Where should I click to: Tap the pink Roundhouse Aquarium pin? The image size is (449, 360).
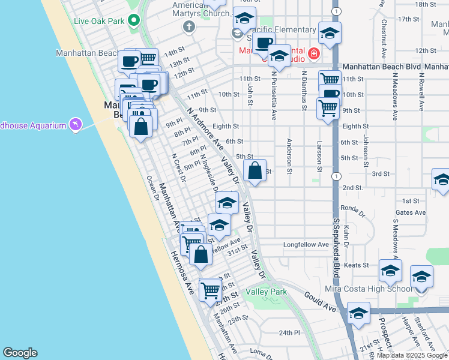click(x=76, y=124)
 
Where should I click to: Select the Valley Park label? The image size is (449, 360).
click(x=266, y=292)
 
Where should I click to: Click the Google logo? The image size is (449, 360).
click(x=20, y=353)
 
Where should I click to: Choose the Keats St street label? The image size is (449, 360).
click(x=356, y=265)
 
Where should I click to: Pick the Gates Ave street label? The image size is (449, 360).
click(x=411, y=212)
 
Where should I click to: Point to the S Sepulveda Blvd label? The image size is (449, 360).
click(x=337, y=240)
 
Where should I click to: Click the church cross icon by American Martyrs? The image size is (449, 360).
click(x=190, y=26)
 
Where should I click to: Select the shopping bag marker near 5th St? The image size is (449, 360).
click(x=255, y=170)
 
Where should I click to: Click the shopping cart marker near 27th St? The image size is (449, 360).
click(x=211, y=291)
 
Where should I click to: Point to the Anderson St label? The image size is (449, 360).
click(x=289, y=157)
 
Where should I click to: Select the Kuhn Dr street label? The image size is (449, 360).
click(x=348, y=235)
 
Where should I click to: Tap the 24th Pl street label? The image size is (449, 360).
click(x=289, y=332)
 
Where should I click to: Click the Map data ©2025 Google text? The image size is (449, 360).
click(x=412, y=355)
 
